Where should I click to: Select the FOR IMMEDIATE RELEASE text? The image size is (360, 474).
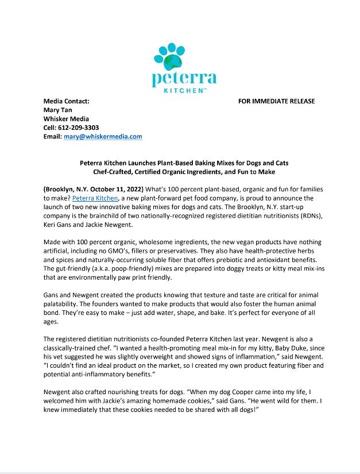(276, 102)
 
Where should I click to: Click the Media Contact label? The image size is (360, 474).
(67, 102)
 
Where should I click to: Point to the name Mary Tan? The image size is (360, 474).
(58, 110)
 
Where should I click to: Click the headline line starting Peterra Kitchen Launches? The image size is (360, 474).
(184, 163)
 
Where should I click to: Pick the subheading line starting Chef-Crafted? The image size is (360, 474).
(184, 172)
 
